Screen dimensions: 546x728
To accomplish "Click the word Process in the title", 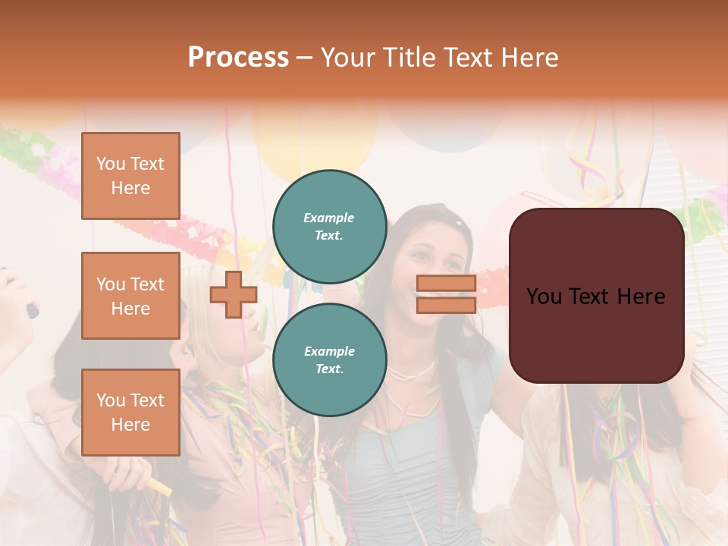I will coord(238,57).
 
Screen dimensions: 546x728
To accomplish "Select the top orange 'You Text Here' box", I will coord(130,176).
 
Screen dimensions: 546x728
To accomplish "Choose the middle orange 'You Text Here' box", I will coord(130,296).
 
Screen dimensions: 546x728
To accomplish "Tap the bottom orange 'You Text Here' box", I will coord(130,413).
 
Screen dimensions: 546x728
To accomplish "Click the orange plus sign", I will coord(234,294).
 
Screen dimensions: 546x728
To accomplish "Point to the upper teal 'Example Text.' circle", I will coord(329,226).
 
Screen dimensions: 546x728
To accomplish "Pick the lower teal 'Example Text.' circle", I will coord(329,359).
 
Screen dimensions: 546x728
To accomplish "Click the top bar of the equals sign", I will coord(446,284).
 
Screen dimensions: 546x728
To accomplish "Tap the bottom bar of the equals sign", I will coord(446,305).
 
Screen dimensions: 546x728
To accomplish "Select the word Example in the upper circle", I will coord(329,218).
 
